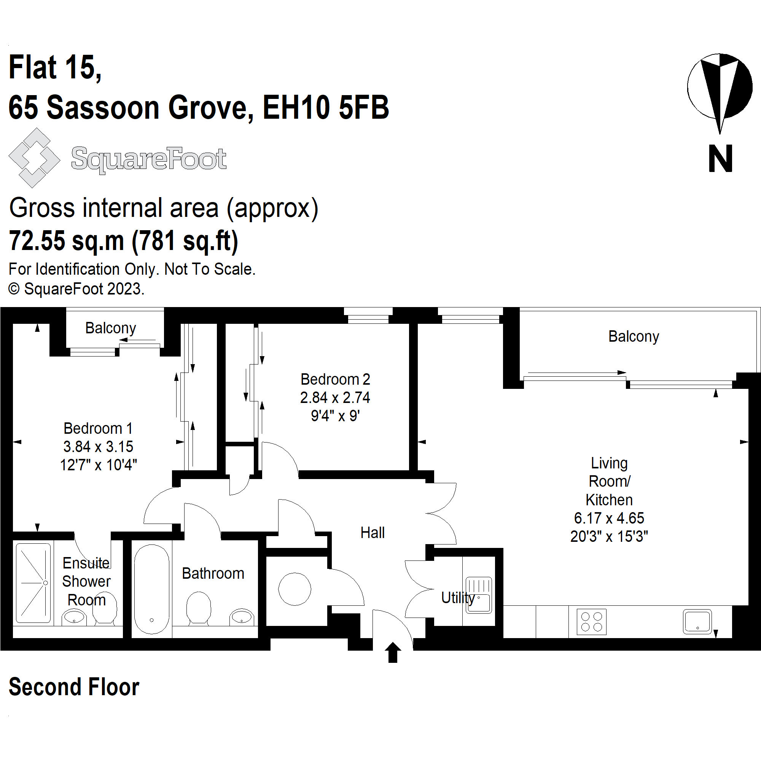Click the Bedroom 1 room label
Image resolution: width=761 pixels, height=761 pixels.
coord(98,428)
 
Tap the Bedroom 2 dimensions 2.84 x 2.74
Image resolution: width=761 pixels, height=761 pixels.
coord(335,398)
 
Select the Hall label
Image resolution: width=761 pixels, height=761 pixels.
coord(372,533)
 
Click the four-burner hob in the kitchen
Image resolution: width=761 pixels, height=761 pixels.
coord(591,622)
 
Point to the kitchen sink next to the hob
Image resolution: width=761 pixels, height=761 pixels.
coord(697,621)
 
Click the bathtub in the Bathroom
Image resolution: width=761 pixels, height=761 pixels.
coord(152,589)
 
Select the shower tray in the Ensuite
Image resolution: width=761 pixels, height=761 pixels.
coord(33,583)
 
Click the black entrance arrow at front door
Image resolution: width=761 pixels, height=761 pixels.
coord(393,652)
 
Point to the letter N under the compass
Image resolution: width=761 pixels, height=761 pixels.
coord(720,158)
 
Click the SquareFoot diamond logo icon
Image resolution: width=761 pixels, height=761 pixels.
coord(34,158)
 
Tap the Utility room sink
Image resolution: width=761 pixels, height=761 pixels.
coord(479,595)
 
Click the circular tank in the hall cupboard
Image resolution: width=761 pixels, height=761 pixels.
coord(294,589)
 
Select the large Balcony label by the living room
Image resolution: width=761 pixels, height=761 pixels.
coord(634,336)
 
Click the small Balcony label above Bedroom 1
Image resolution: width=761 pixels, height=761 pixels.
coord(111,328)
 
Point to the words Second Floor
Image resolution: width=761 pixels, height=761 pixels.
coord(74,687)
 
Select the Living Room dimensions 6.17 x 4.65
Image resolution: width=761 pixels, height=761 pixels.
coord(609,518)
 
